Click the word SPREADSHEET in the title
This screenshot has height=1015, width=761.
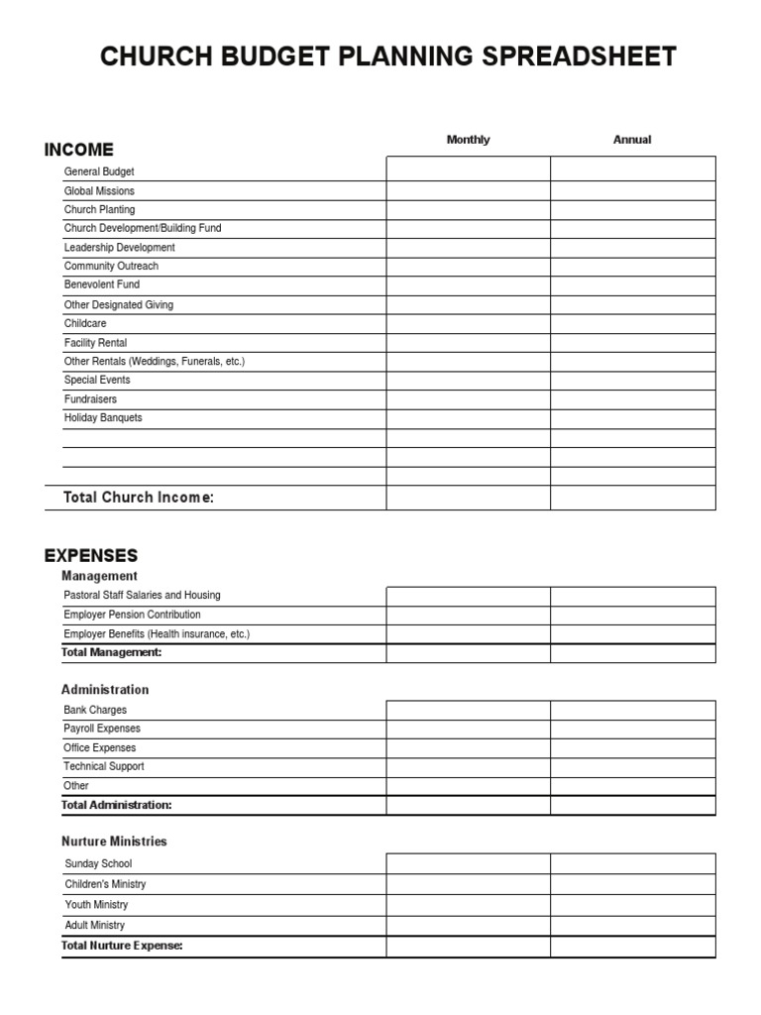tap(578, 57)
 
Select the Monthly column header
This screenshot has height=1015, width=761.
tap(468, 140)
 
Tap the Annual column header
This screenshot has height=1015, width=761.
tap(632, 140)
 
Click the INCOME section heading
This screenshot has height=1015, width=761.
tap(79, 150)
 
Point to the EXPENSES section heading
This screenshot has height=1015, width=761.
tap(91, 555)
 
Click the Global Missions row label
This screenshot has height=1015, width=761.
tap(99, 190)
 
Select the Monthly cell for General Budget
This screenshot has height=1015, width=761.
tap(468, 169)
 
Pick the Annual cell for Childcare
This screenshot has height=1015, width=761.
tap(632, 324)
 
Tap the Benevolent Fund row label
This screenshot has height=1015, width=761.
tap(102, 284)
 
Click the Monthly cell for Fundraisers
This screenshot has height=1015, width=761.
tap(468, 400)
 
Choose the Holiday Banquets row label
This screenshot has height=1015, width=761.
tap(103, 418)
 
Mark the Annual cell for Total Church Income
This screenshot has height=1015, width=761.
tap(632, 498)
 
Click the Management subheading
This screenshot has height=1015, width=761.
tap(99, 576)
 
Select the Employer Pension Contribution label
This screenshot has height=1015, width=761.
tap(132, 615)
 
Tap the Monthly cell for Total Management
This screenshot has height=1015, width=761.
tap(468, 653)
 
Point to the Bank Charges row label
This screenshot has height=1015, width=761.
tap(95, 710)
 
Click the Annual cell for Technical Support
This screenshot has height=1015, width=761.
tap(632, 768)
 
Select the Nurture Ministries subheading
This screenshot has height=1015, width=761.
tap(114, 842)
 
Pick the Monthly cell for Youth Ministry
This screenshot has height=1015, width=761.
tap(468, 906)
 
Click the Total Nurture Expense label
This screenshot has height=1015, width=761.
tap(122, 946)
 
